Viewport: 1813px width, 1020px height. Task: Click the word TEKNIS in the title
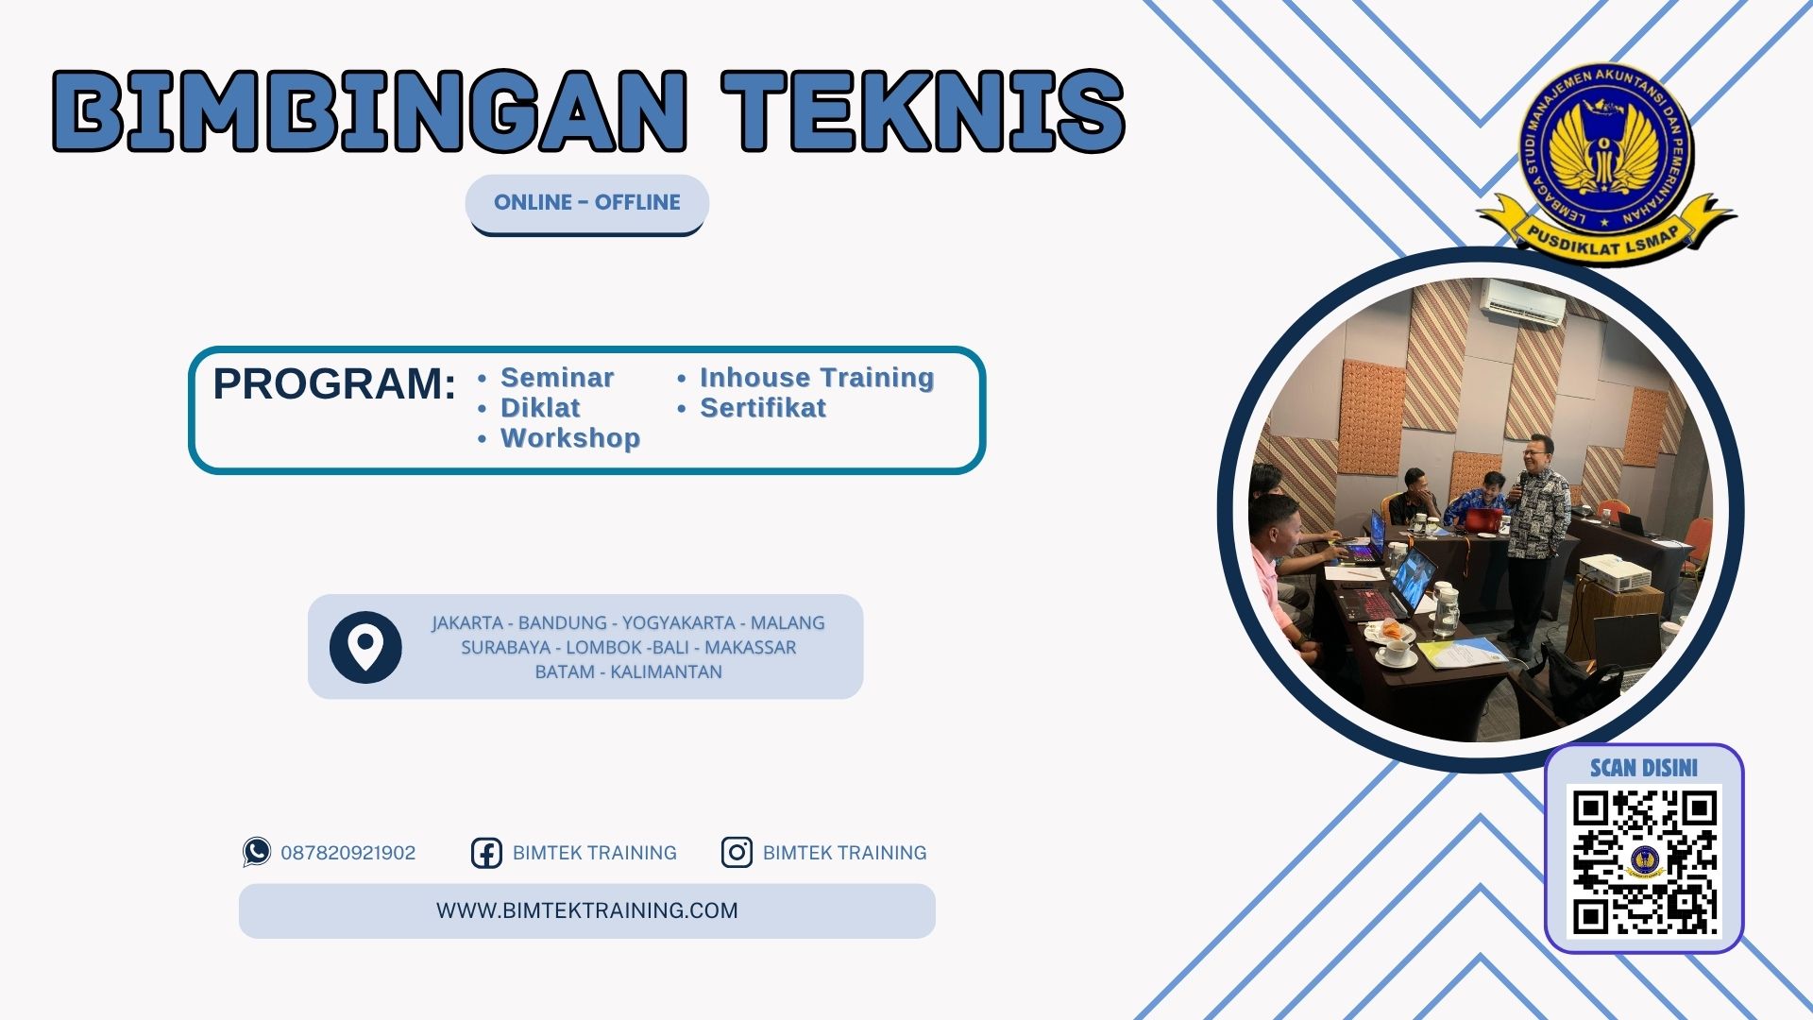tap(923, 110)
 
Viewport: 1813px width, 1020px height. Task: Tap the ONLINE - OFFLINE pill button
tap(586, 202)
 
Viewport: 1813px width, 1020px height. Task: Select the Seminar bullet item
tap(556, 378)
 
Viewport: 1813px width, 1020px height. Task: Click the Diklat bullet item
tap(539, 408)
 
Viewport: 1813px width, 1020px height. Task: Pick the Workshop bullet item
tap(569, 438)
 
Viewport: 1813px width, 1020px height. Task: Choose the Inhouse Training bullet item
tap(816, 378)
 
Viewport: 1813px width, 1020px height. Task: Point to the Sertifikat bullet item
tap(762, 408)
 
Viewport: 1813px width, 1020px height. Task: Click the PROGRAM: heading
tap(334, 384)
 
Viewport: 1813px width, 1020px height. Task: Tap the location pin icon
tap(365, 647)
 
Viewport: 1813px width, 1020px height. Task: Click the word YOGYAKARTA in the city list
tap(678, 623)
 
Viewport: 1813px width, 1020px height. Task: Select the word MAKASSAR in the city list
tap(750, 648)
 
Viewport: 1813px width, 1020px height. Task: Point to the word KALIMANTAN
tap(666, 672)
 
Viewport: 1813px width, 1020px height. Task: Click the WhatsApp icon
tap(256, 852)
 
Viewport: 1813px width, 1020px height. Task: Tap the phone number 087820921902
tap(347, 853)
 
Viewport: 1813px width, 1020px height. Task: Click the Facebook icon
tap(486, 853)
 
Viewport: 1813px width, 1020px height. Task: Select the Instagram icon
tap(737, 853)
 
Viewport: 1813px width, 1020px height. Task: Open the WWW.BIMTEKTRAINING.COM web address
tap(586, 910)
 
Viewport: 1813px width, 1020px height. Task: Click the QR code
tap(1644, 861)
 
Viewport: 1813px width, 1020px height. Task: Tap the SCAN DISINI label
tap(1643, 768)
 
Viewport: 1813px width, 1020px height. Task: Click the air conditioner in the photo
tap(1521, 303)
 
